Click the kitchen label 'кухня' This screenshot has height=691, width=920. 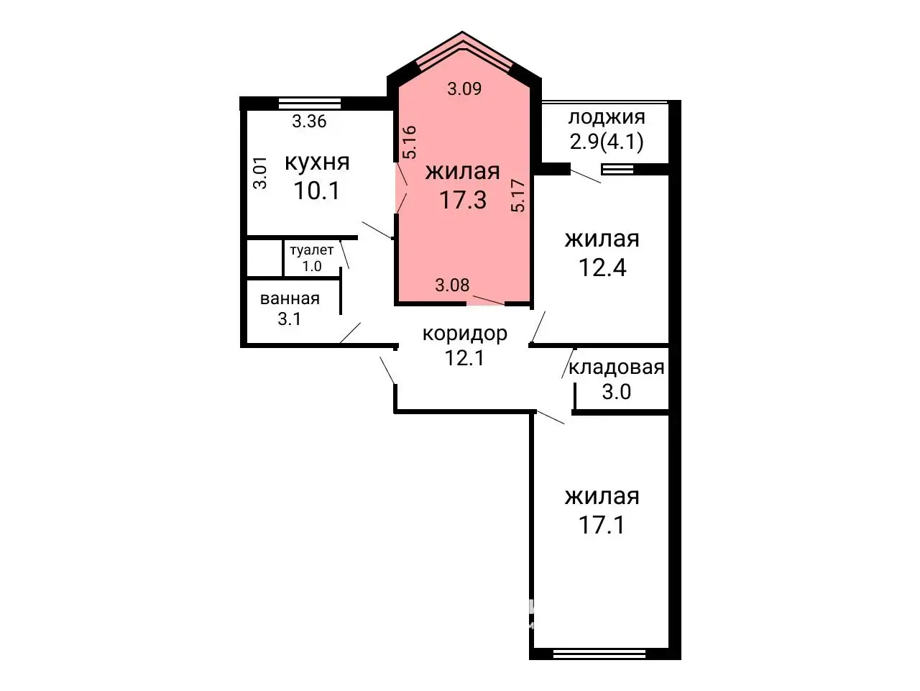point(317,163)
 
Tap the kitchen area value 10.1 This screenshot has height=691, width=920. point(316,191)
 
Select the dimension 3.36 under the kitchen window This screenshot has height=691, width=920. point(309,122)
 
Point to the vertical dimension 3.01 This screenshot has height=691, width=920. point(260,173)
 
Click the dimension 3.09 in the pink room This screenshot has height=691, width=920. point(464,89)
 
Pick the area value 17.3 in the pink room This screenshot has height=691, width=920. point(463,200)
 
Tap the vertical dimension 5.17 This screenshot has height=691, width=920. point(518,196)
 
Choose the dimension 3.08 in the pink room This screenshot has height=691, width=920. point(452,285)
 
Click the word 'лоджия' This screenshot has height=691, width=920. point(606,117)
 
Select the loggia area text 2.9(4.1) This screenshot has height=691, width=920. point(606,142)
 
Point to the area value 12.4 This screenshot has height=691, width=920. point(602,267)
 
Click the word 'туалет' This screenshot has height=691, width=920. point(311,250)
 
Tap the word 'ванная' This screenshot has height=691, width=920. point(290,299)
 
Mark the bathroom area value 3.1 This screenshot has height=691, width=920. point(289,319)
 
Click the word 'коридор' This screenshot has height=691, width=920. point(465,334)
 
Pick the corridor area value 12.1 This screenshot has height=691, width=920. point(464,358)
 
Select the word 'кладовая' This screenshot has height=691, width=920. point(616,367)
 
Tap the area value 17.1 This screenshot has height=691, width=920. point(602,524)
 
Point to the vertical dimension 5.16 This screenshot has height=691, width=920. point(410,142)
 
